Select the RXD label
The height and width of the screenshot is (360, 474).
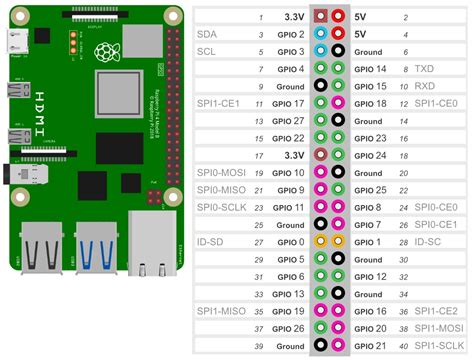click(x=424, y=87)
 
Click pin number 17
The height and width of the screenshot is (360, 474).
click(x=260, y=156)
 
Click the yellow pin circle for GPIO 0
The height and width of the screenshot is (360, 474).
click(x=320, y=241)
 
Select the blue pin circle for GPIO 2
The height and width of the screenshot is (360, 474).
click(x=320, y=33)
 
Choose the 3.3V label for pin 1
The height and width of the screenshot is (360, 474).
click(x=293, y=16)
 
